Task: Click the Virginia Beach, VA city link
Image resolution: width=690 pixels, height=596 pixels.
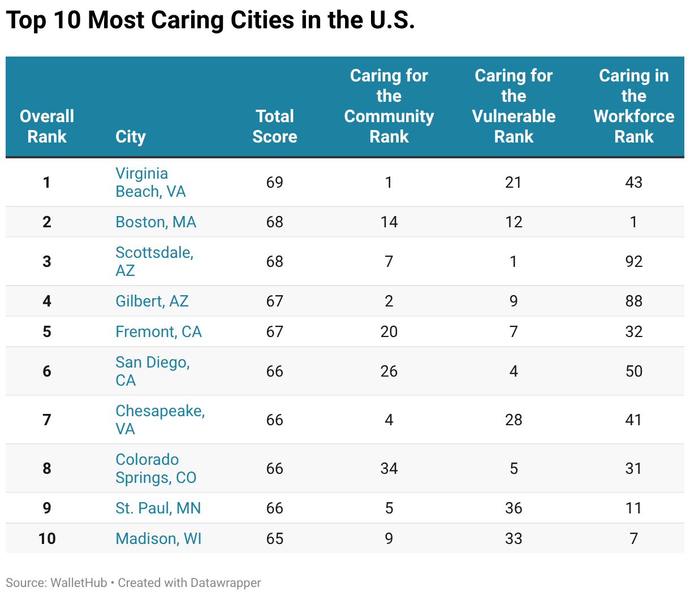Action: tap(150, 182)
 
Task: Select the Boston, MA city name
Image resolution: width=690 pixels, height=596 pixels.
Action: tap(156, 222)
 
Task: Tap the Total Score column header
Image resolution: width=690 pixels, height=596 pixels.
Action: tap(274, 126)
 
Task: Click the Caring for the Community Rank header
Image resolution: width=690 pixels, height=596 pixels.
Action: tap(389, 106)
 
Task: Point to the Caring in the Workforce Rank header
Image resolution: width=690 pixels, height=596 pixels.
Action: tap(633, 106)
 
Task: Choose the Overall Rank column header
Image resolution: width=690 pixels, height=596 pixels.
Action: tap(47, 126)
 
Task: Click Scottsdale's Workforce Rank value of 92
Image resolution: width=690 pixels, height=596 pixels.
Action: tap(633, 261)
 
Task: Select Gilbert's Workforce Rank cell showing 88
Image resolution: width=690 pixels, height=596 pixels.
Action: tap(633, 301)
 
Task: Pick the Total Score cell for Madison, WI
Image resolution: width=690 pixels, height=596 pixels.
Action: tap(274, 538)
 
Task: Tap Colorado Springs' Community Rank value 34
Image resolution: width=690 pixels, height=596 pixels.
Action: tap(389, 468)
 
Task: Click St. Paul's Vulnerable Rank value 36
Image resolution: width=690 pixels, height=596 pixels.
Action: tap(514, 508)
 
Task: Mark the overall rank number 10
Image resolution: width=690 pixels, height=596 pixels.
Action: tap(47, 538)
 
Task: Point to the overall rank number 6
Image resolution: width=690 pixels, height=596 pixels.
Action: tap(47, 371)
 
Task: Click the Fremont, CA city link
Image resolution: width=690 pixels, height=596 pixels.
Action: tap(158, 331)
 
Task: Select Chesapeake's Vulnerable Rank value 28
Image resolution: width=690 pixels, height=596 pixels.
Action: tap(514, 420)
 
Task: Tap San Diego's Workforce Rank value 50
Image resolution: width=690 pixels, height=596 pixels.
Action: tap(633, 371)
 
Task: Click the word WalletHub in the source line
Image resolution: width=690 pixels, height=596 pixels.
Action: tap(79, 582)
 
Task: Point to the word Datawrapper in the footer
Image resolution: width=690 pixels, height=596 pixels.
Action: tap(226, 582)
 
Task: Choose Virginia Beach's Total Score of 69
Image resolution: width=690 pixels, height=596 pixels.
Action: tap(274, 182)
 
